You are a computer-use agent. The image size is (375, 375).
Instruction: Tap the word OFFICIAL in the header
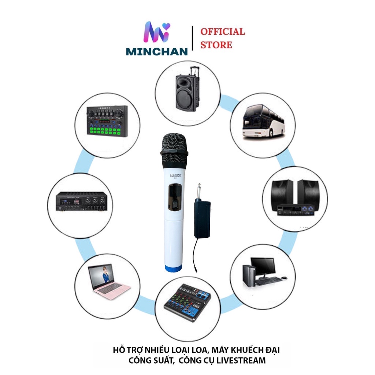click(223, 31)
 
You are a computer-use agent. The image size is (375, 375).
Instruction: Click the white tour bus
click(263, 121)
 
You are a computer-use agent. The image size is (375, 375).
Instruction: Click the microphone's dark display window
click(174, 199)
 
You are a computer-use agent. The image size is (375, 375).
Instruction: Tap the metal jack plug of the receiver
click(199, 191)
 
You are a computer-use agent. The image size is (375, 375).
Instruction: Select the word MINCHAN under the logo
click(157, 51)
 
